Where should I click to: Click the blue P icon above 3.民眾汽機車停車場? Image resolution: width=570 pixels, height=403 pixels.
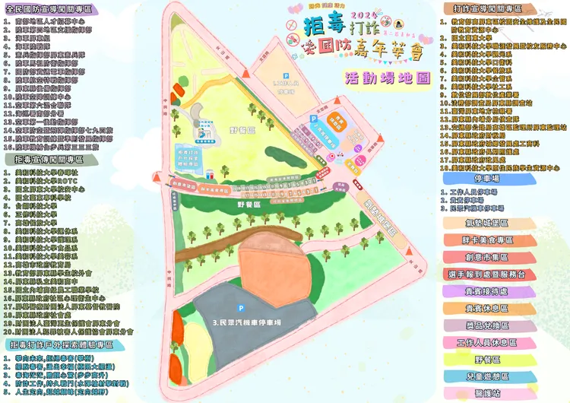(240, 308)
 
